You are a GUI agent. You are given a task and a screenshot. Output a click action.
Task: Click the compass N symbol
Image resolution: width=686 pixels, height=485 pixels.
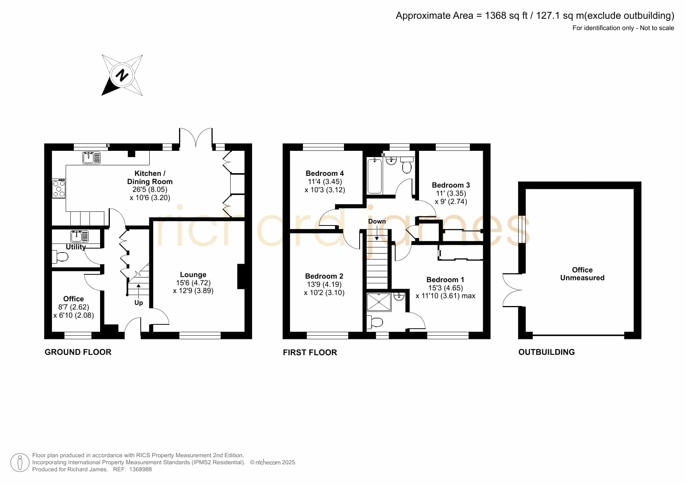point(122,75)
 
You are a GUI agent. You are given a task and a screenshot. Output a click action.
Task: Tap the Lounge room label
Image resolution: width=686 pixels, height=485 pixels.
point(193,275)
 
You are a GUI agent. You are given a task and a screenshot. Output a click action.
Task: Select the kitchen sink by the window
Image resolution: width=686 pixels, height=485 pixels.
point(91,157)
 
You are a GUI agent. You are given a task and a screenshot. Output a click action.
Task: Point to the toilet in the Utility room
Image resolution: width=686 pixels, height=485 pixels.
point(60,257)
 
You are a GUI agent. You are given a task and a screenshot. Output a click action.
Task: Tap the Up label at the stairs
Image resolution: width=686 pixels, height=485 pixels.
point(139,303)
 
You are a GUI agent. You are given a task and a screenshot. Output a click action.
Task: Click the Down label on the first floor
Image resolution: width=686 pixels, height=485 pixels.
point(377,221)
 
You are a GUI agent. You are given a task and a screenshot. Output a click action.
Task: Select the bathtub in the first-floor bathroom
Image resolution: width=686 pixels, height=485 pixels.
point(374,175)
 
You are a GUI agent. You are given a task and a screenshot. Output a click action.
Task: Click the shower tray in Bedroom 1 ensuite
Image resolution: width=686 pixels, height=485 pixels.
point(379,302)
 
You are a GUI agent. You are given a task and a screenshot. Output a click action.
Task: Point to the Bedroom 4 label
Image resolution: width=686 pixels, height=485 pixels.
point(324,173)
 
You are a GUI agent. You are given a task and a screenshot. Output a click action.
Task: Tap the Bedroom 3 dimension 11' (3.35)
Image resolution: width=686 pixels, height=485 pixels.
point(451,193)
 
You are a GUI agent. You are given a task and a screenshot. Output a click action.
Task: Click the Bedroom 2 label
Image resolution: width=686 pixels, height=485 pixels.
point(324,276)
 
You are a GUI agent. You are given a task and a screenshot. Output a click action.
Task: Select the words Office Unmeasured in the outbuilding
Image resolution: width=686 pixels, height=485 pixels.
point(582,274)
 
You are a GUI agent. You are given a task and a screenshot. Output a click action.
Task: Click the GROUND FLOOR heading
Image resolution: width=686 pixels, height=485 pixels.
point(78,352)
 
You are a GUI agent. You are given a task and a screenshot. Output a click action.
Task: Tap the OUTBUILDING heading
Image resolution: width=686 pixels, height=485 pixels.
point(546,352)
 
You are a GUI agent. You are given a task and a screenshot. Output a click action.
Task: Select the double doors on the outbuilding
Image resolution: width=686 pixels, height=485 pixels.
point(512,290)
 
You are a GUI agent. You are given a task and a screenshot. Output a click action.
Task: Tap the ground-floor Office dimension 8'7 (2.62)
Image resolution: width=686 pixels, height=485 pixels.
point(73,307)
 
